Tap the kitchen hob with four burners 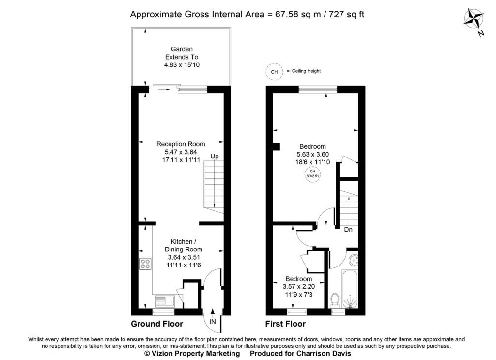click(x=145, y=264)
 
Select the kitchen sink click(x=165, y=300)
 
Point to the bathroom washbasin click(x=354, y=260)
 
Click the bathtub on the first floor click(x=350, y=289)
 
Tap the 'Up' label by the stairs click(x=215, y=157)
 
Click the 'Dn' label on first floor click(x=348, y=230)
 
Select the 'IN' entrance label click(x=213, y=322)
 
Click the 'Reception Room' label click(x=181, y=144)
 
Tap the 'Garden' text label click(x=182, y=49)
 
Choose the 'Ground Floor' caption click(x=157, y=324)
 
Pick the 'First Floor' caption click(x=285, y=324)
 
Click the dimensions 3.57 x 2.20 click(x=298, y=287)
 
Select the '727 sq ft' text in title click(x=347, y=15)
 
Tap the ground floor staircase click(x=214, y=187)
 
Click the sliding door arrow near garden click(x=164, y=90)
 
